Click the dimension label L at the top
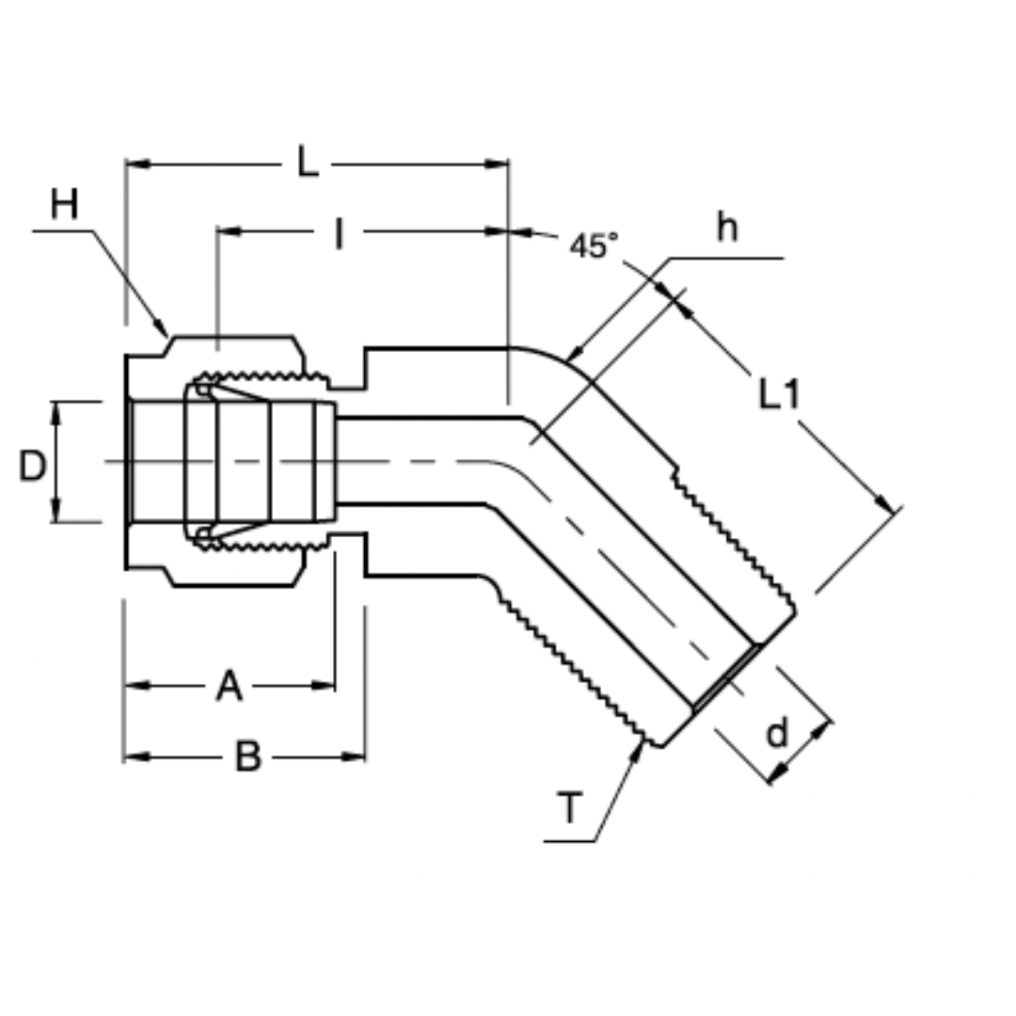tap(308, 162)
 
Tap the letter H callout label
tap(64, 204)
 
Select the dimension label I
tap(339, 234)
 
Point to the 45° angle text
tap(595, 246)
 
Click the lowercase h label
tap(727, 227)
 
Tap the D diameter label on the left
tap(32, 466)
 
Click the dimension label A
tap(229, 687)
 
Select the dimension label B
tap(246, 756)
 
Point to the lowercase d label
tap(777, 734)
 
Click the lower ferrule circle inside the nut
tap(201, 534)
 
